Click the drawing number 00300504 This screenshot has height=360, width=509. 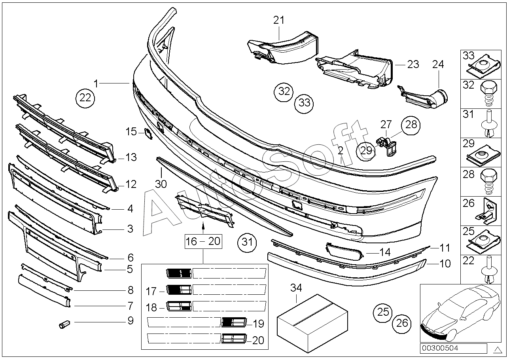440,349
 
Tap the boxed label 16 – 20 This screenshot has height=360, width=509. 203,241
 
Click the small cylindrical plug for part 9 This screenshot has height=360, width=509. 64,324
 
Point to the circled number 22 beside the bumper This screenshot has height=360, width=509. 85,98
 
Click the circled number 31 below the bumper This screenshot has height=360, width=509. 247,243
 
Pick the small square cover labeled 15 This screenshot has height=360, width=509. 148,133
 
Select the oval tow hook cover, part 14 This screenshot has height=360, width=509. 344,251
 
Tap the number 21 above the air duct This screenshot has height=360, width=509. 279,21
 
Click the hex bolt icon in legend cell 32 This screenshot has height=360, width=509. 488,93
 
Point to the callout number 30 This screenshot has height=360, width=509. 161,184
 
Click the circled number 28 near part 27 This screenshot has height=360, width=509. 411,125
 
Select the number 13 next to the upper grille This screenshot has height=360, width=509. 131,157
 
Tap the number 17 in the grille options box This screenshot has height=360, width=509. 151,292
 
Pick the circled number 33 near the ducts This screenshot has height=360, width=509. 304,104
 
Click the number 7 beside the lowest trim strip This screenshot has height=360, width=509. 130,306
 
